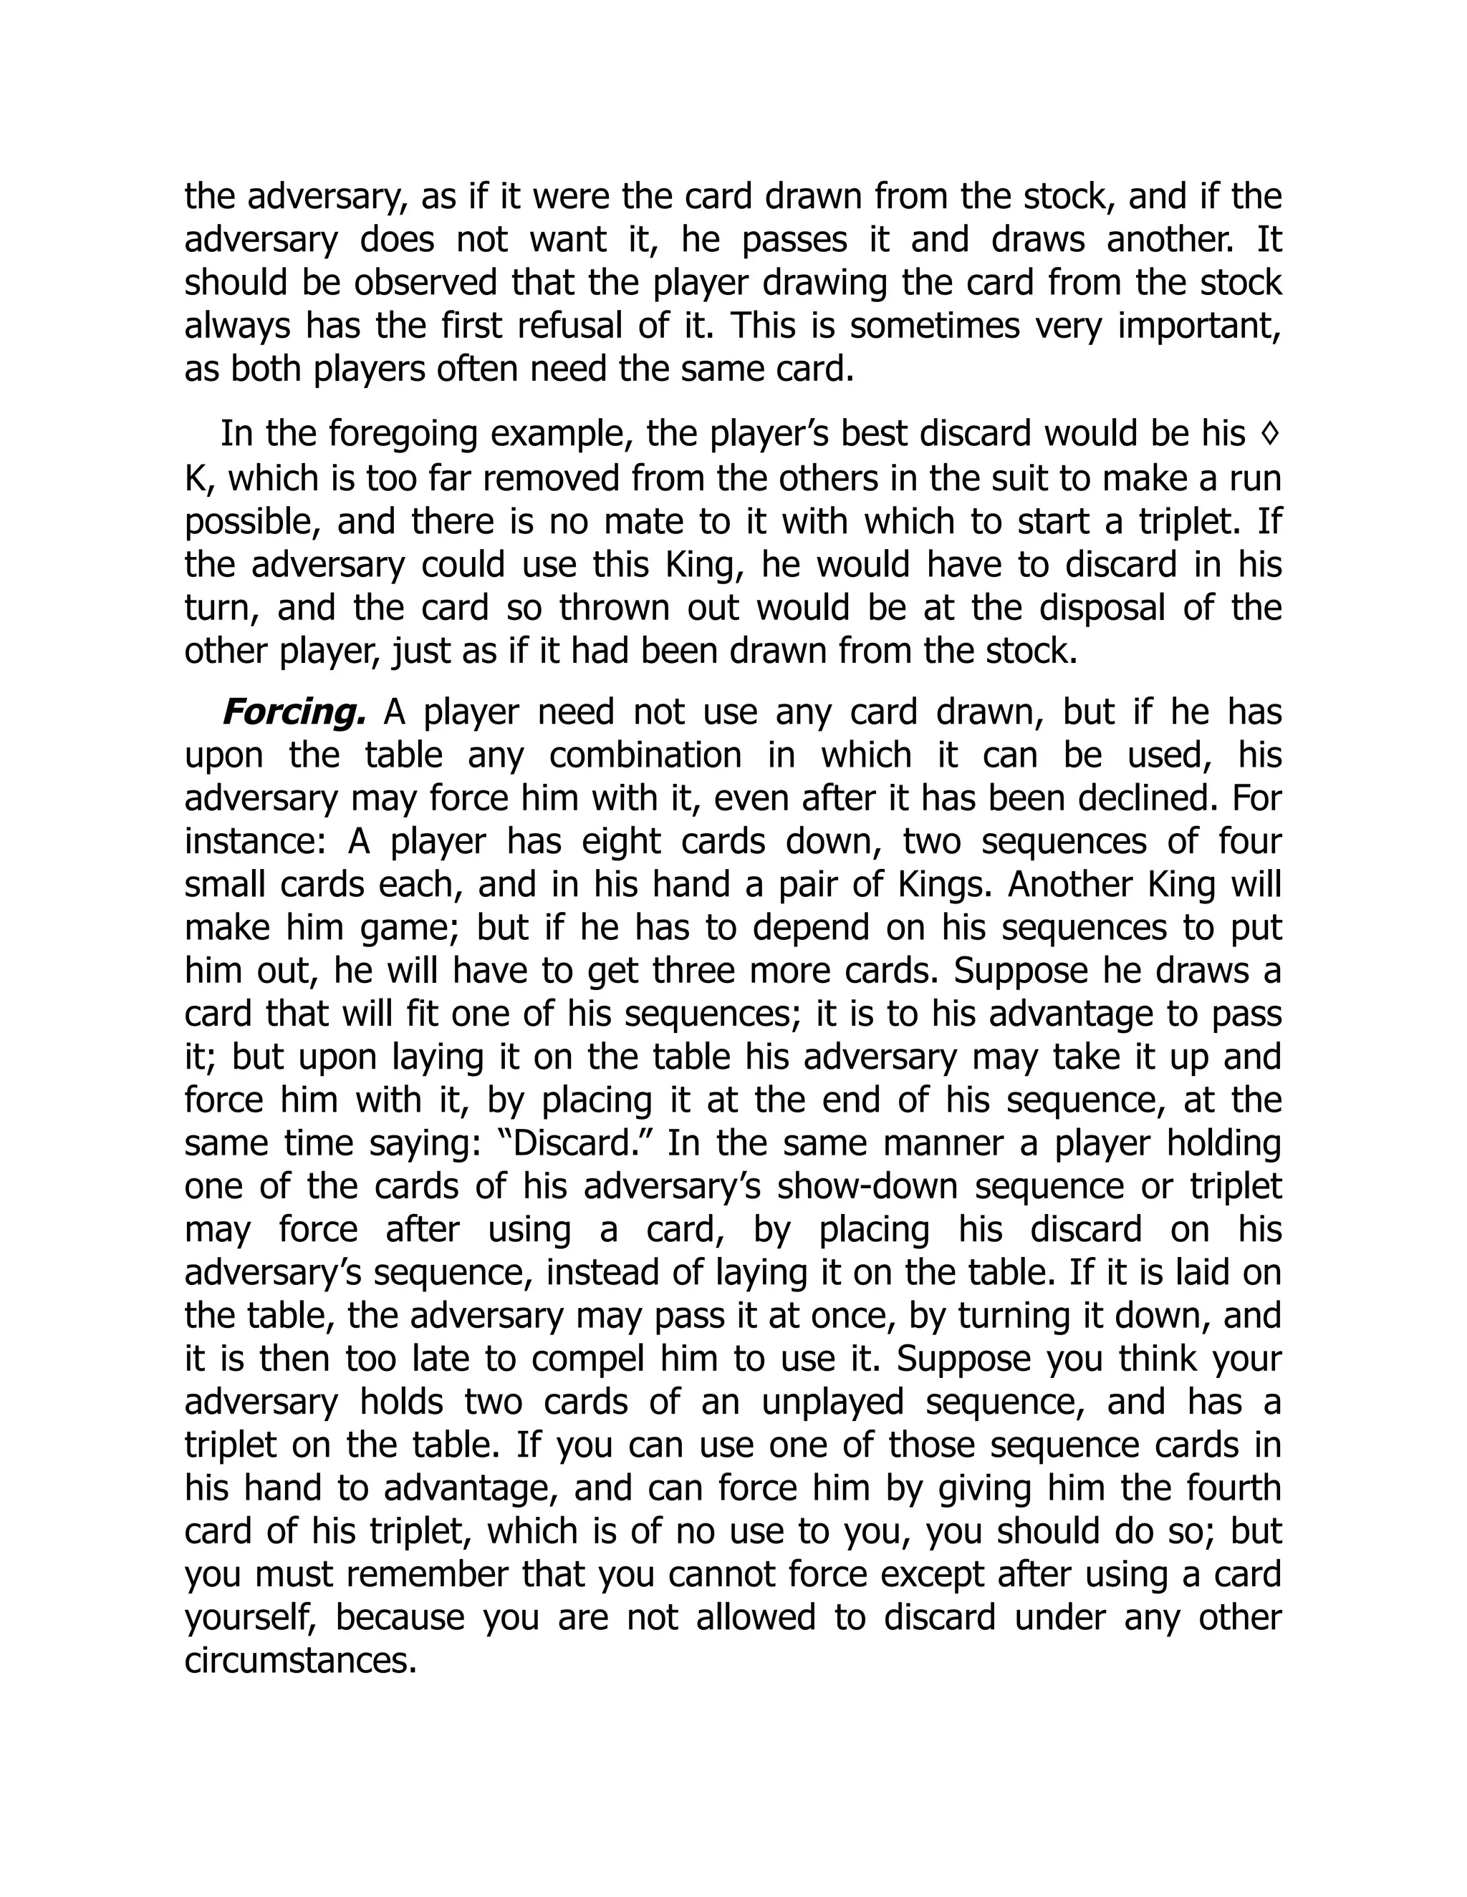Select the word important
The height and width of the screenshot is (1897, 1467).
click(x=1198, y=326)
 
